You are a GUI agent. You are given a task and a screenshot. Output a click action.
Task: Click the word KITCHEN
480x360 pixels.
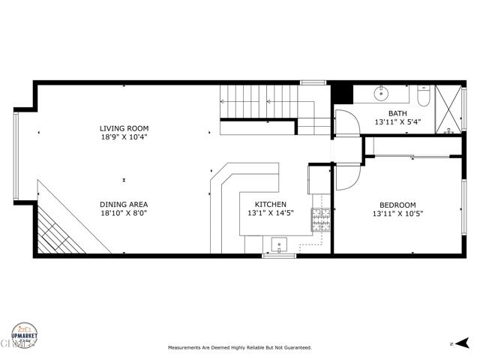(270, 204)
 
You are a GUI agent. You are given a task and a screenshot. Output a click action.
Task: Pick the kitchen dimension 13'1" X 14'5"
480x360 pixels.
(270, 213)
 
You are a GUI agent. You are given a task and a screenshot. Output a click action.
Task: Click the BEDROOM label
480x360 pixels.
(397, 204)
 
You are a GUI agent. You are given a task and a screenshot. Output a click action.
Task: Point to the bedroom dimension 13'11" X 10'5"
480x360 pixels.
(397, 213)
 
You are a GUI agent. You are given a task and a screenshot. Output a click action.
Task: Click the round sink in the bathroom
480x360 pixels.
(382, 94)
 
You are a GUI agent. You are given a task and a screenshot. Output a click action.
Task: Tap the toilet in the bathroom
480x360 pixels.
(421, 96)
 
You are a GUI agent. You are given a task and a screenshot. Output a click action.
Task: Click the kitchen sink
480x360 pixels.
(278, 244)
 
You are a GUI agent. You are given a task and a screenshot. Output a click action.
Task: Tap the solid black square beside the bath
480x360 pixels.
(341, 93)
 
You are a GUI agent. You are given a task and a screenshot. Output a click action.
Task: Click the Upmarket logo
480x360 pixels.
(23, 334)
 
